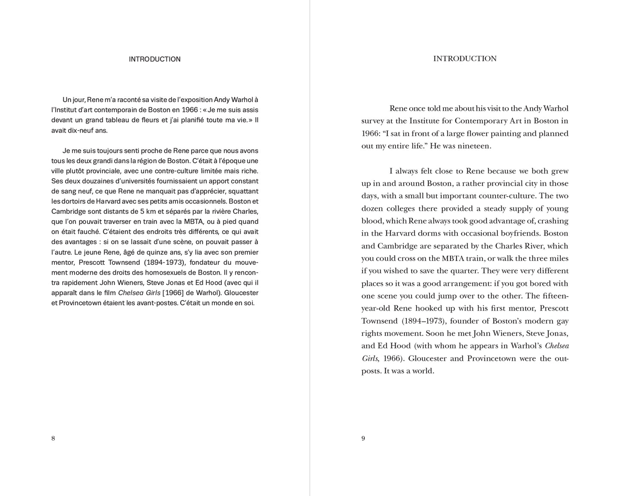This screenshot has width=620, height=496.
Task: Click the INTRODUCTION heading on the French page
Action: coord(154,59)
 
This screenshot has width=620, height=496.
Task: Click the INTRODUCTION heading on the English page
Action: coord(465,59)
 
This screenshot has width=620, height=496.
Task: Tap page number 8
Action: coord(53,438)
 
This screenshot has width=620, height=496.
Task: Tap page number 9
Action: coord(363,438)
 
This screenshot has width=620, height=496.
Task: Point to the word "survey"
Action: coord(374,121)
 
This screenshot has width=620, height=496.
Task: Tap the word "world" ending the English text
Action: coord(422,371)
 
